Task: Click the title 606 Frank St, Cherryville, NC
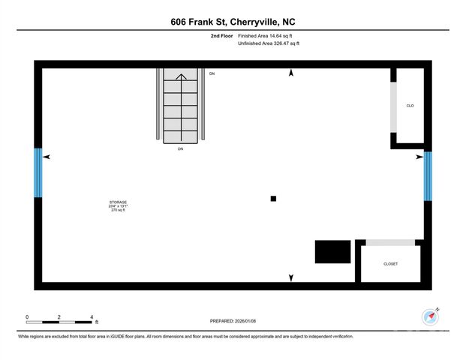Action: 233,22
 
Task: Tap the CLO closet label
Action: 410,106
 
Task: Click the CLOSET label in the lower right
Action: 390,264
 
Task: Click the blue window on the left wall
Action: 38,173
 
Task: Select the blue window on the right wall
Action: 428,176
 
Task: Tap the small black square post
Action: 273,199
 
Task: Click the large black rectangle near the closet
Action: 332,251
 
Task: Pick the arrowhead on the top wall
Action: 291,73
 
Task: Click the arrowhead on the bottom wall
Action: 291,278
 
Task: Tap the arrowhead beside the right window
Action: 419,157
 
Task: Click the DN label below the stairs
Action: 180,149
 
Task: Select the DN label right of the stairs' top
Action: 212,73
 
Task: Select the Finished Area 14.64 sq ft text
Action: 265,36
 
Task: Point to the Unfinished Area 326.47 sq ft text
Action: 268,44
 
